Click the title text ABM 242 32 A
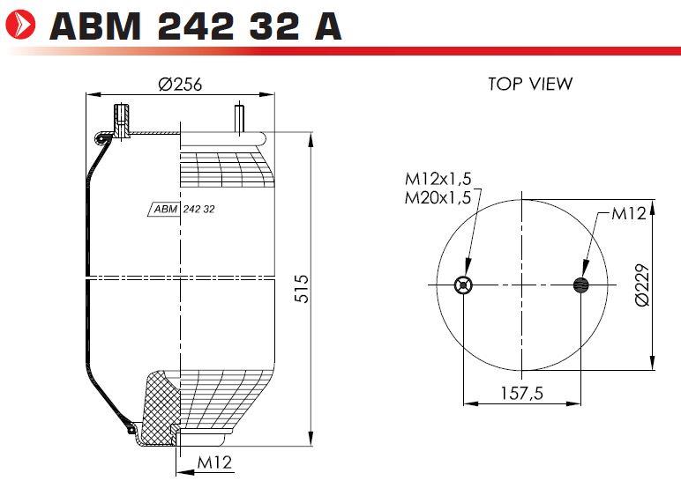[196, 26]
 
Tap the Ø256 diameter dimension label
[180, 85]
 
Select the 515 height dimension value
[302, 288]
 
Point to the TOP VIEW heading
[530, 84]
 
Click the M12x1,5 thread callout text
[438, 178]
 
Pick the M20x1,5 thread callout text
[438, 198]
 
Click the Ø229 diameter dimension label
[642, 285]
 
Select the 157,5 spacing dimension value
[522, 394]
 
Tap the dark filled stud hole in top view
[581, 285]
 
